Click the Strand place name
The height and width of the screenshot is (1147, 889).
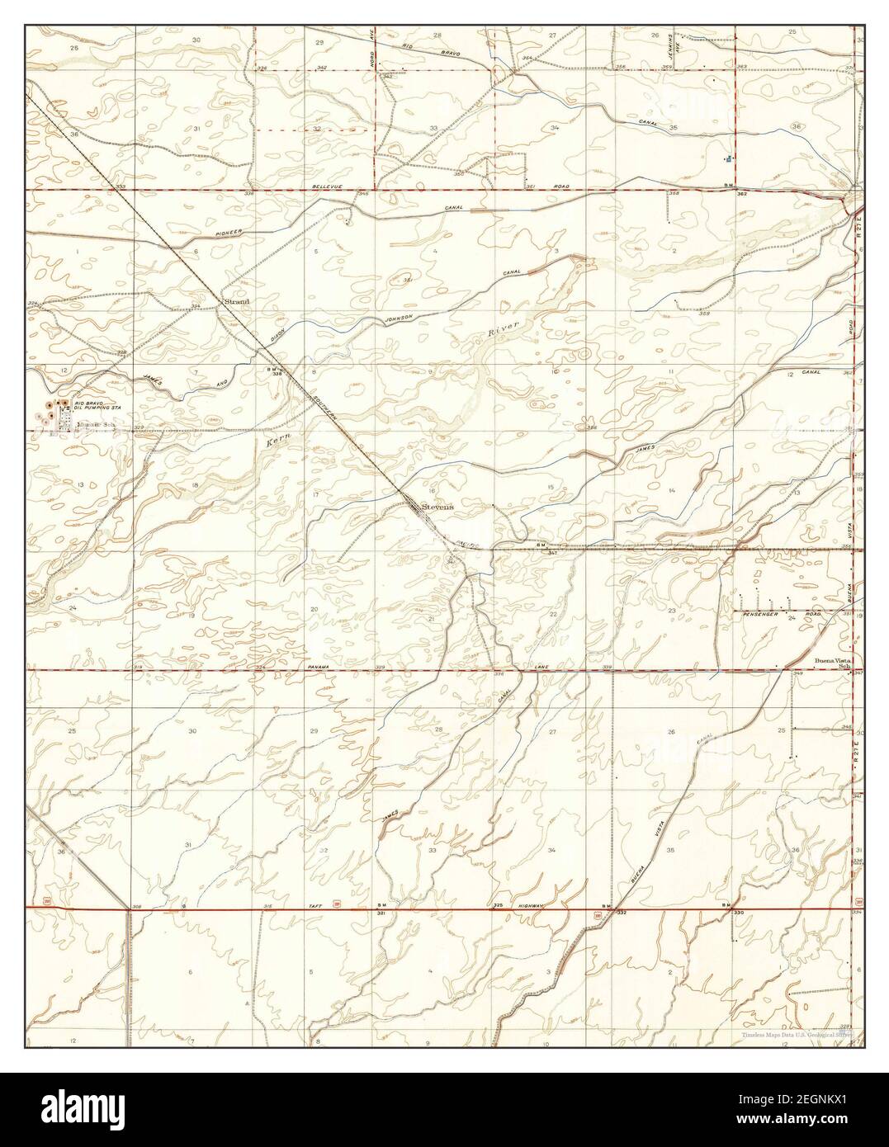[x=236, y=302]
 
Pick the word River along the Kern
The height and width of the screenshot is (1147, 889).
[x=505, y=330]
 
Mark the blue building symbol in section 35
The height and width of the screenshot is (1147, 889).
[x=727, y=157]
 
